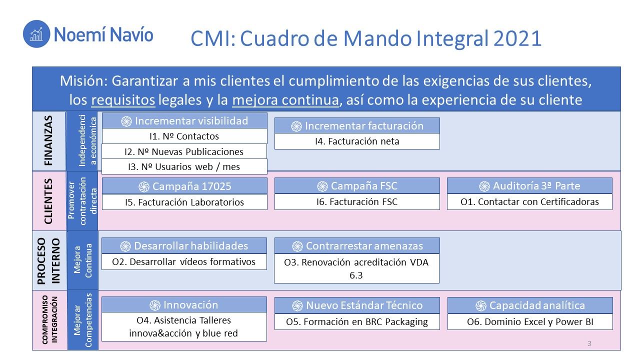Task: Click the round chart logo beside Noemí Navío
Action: [x=36, y=34]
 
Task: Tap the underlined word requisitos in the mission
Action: [x=123, y=100]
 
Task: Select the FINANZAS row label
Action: [x=48, y=140]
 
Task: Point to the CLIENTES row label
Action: [x=48, y=201]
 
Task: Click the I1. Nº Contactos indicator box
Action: [x=184, y=136]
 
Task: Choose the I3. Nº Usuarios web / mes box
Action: [x=184, y=166]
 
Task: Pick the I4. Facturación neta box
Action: [x=357, y=141]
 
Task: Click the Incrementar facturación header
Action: [x=357, y=125]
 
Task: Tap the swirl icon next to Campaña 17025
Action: [x=144, y=187]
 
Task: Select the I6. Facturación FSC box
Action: [x=357, y=201]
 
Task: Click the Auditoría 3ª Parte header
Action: [x=529, y=186]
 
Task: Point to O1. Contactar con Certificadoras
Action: [x=529, y=201]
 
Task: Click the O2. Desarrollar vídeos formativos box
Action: [x=184, y=261]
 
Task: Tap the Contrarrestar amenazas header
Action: [x=357, y=245]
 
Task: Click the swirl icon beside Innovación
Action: [x=155, y=305]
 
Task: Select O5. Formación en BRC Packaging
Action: [x=357, y=321]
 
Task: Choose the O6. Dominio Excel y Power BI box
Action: [x=530, y=321]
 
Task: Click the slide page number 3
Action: [x=589, y=343]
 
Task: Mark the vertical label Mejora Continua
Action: [x=83, y=260]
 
